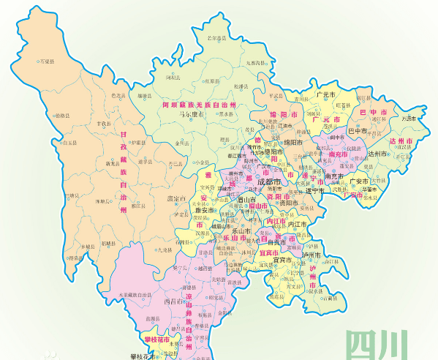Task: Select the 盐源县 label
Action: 153,319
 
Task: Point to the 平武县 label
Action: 276,95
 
